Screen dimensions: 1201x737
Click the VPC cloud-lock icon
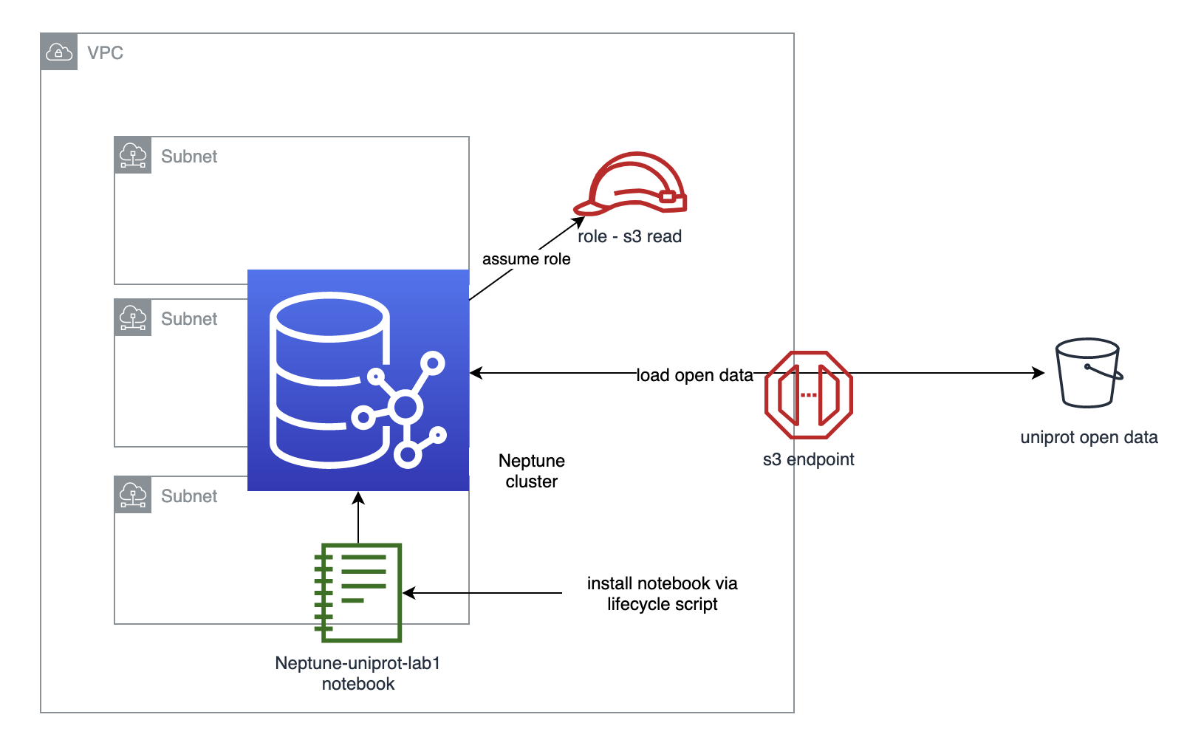(59, 52)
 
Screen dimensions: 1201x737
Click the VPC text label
(105, 52)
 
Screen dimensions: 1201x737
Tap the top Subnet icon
(132, 155)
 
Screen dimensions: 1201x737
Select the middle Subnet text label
(189, 318)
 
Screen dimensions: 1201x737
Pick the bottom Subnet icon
(132, 495)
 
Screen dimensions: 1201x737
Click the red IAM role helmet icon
(631, 183)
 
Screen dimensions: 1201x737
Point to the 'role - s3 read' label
(629, 236)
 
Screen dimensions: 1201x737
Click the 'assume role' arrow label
(526, 259)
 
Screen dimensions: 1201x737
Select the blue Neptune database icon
(358, 380)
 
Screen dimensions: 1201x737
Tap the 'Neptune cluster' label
(531, 470)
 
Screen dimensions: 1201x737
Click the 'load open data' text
(694, 375)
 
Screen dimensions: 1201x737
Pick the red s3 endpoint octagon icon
(809, 395)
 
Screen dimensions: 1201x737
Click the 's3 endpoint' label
(809, 459)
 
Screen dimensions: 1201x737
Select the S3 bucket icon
(1089, 372)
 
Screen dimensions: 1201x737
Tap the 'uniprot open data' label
(1089, 437)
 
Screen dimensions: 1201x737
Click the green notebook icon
(358, 592)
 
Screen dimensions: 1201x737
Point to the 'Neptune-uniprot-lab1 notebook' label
(357, 673)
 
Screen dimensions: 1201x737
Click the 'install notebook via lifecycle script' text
(662, 593)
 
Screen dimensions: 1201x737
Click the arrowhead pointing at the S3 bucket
(1039, 372)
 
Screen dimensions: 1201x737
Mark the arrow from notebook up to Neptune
(358, 518)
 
